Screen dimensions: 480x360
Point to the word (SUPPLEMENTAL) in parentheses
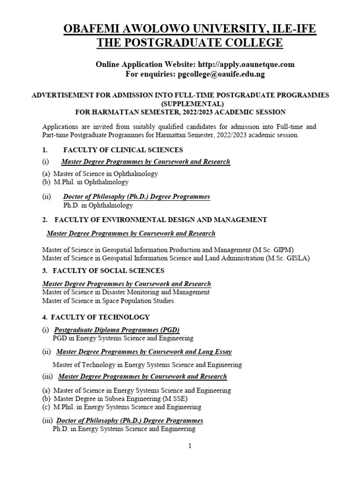pos(180,104)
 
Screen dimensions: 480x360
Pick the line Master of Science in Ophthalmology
pos(105,173)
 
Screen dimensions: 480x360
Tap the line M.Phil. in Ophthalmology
pos(91,182)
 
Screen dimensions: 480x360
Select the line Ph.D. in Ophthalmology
pos(98,205)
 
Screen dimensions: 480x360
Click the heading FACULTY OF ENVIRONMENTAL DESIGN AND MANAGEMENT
pos(161,219)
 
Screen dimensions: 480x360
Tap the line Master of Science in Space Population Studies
pos(108,300)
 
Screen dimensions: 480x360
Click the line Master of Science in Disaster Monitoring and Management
pos(126,292)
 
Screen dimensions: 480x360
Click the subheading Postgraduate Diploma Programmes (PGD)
pos(117,330)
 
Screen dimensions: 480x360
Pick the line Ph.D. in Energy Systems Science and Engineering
pos(124,428)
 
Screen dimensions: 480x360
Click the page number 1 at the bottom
pos(190,446)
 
